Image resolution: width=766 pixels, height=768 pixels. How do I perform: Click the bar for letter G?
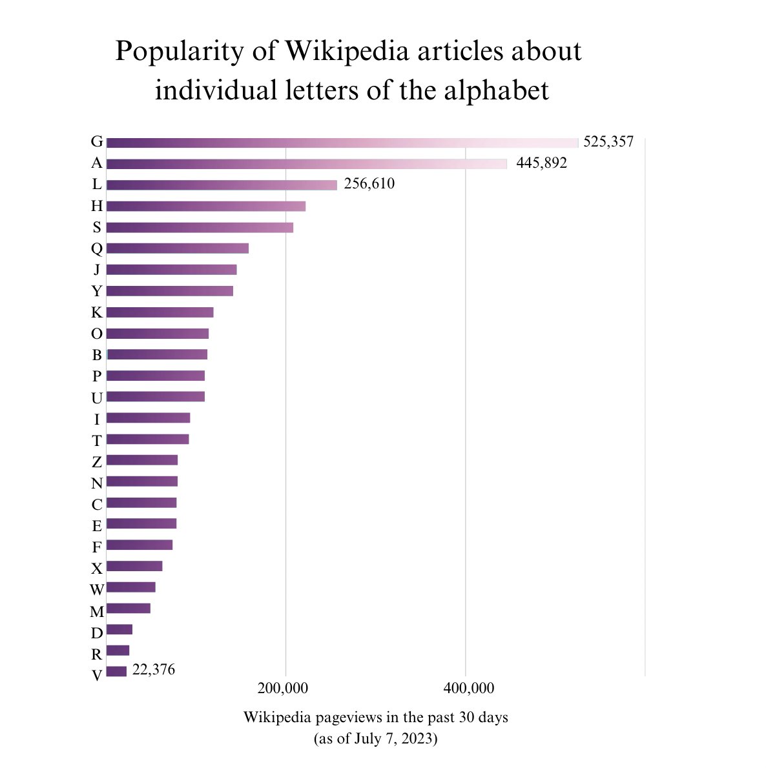[x=342, y=143]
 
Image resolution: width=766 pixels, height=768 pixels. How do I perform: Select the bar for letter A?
[x=307, y=164]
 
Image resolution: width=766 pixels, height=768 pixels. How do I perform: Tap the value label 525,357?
[x=608, y=142]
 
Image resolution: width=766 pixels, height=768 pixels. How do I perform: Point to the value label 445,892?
[x=541, y=163]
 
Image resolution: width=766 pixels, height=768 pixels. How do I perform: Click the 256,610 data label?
[x=369, y=184]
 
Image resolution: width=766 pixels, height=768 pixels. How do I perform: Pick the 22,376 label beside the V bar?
[x=153, y=670]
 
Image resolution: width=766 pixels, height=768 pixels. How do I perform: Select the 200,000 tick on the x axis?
[x=282, y=689]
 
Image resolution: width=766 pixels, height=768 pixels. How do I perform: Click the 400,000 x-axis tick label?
[x=468, y=689]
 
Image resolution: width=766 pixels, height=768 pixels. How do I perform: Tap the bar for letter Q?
[x=177, y=248]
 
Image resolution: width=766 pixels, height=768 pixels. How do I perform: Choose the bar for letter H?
[x=205, y=207]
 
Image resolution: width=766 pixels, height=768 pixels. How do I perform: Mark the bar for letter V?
[x=116, y=672]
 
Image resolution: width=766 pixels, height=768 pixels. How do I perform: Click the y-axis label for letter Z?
[x=97, y=462]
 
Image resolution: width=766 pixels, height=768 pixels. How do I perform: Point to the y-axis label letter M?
[x=97, y=611]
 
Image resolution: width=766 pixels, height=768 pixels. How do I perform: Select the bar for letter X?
[x=134, y=566]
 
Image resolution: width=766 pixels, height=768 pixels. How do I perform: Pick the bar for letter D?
[x=119, y=629]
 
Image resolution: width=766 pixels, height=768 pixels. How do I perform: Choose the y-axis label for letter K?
[x=97, y=313]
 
